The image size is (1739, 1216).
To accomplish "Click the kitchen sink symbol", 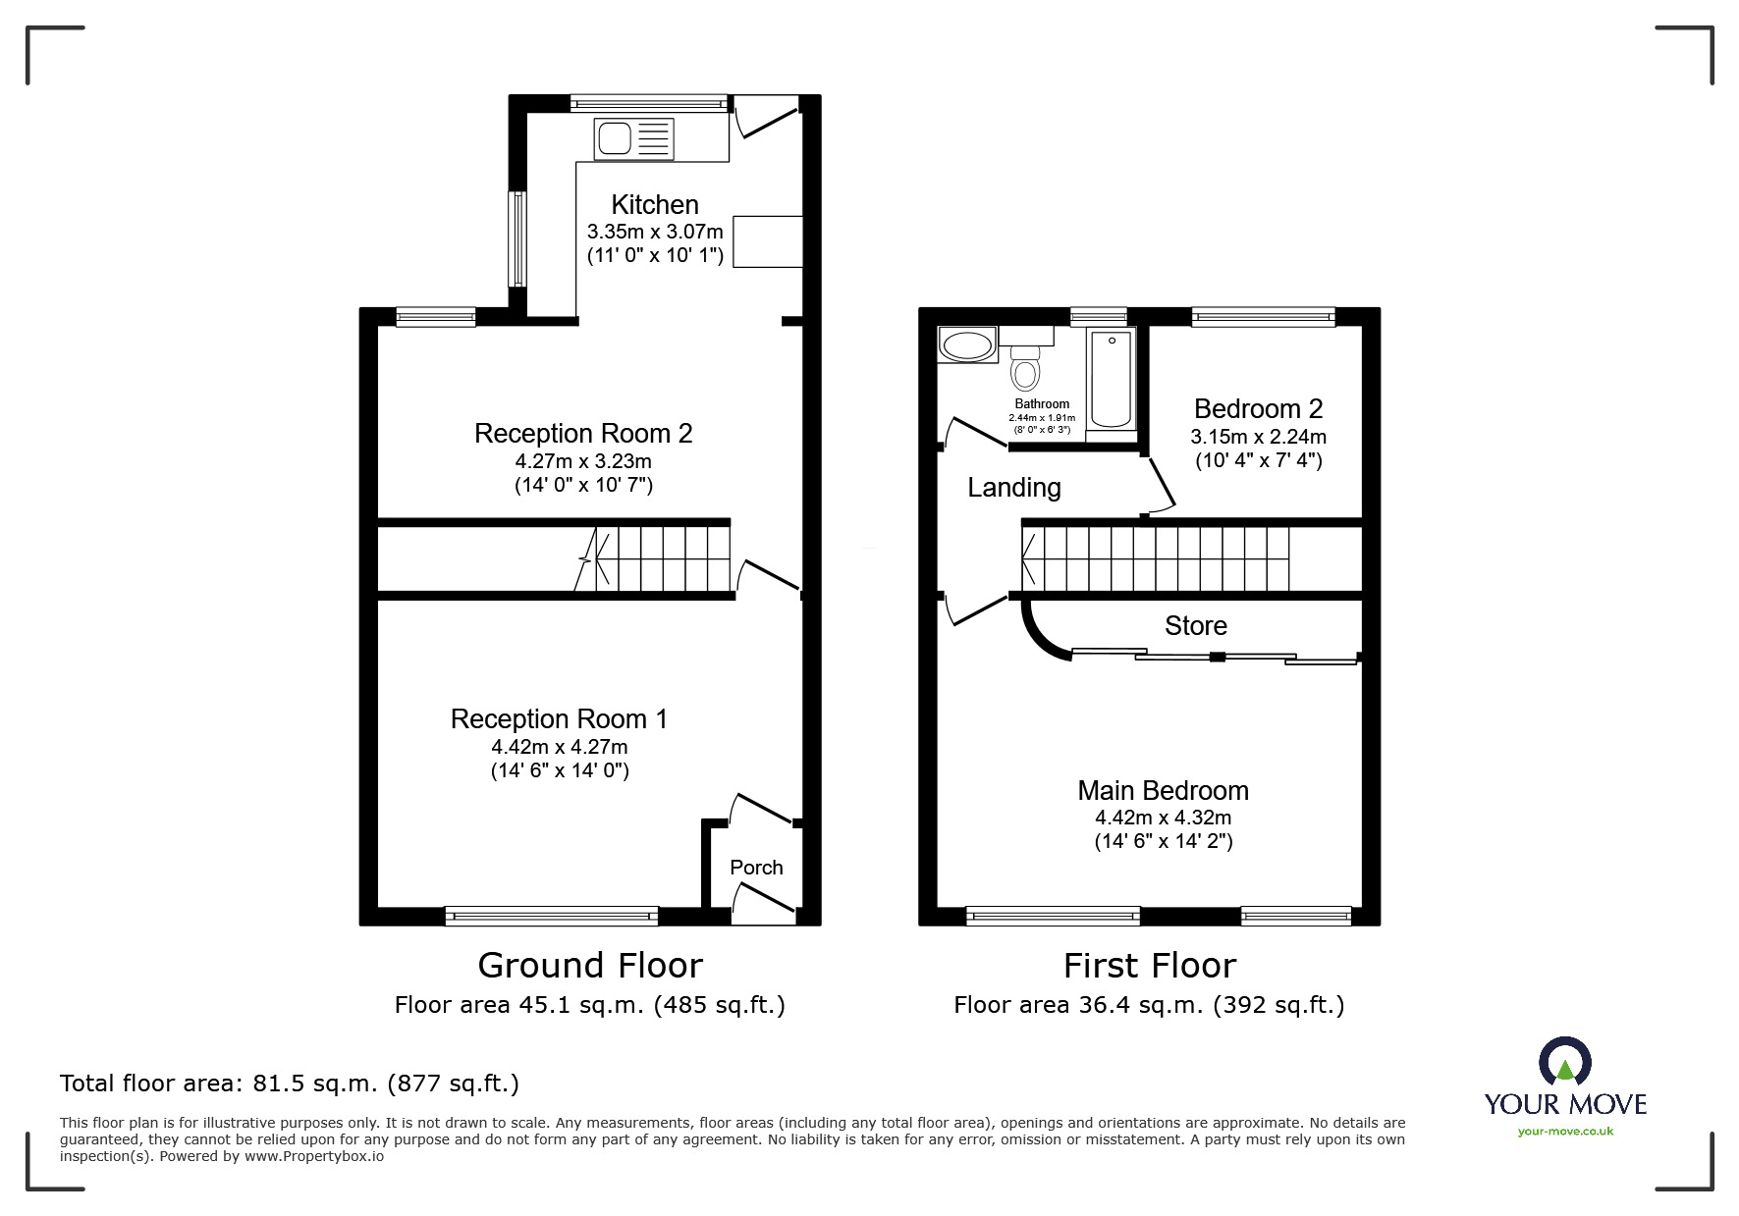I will (633, 138).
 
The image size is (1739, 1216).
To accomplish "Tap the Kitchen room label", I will (655, 204).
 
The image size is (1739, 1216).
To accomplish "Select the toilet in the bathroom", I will (1025, 370).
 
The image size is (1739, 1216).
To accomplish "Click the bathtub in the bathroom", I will (1112, 379).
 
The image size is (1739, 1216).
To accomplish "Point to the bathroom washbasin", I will (966, 345).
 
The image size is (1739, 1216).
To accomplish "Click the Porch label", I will (756, 868).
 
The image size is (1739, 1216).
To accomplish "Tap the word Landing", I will (1013, 488).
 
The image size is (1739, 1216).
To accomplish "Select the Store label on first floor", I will (1195, 626).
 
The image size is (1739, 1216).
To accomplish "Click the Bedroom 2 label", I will (1258, 408).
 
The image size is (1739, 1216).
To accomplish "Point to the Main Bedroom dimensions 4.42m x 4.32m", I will (1163, 818).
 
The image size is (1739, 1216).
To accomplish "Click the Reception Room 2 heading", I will (583, 433).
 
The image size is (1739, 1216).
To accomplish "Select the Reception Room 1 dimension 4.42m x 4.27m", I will (560, 747).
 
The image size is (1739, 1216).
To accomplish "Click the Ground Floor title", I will (590, 966).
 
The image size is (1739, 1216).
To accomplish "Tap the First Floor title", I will (1149, 966).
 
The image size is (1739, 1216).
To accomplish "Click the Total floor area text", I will (290, 1084).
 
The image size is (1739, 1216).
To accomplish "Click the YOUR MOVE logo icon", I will (1564, 1064).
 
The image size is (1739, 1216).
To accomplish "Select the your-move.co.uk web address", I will (1565, 1132).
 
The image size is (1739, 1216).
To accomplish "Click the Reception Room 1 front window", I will (551, 916).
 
